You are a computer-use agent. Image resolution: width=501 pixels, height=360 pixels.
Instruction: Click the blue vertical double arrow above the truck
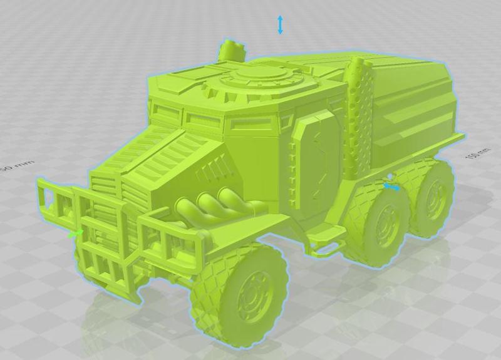point(280,25)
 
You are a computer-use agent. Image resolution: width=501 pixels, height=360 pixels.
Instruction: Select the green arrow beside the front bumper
point(76,233)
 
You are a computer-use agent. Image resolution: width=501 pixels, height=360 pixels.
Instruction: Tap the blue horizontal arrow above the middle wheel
point(391,186)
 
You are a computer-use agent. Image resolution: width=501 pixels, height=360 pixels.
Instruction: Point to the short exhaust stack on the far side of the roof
point(231,50)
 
